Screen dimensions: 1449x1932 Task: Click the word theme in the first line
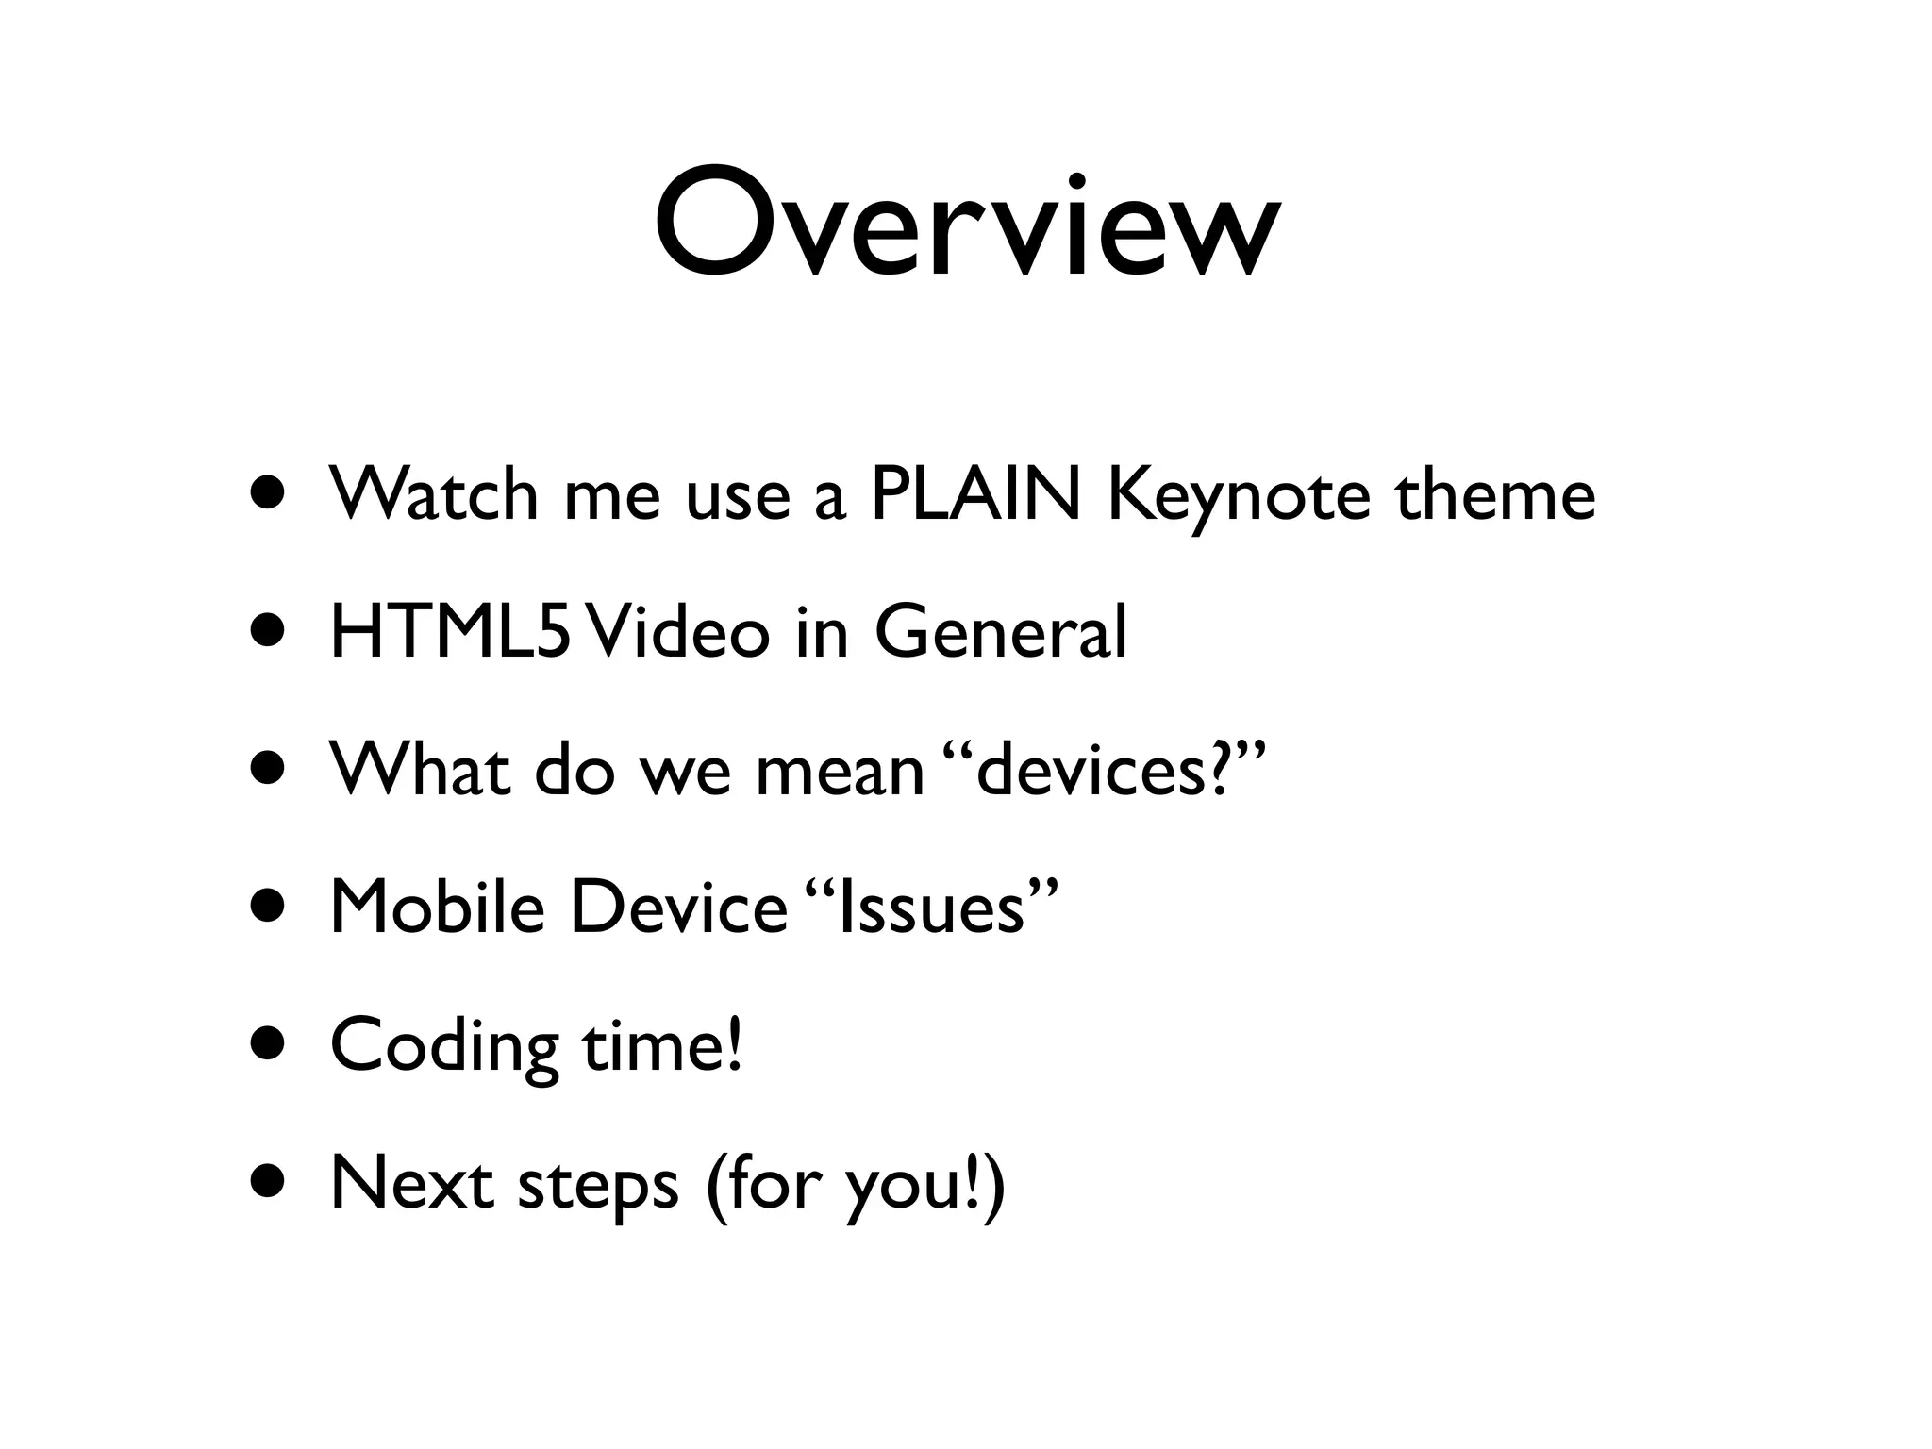click(1495, 494)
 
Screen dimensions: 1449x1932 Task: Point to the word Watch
click(433, 494)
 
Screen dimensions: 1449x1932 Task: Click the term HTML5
click(449, 632)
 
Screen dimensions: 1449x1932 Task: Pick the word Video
click(675, 632)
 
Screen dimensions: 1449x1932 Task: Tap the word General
click(1001, 632)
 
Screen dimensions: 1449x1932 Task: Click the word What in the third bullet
click(421, 769)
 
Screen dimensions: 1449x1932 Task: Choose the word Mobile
click(438, 907)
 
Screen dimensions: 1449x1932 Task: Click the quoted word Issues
click(933, 907)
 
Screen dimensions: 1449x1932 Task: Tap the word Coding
click(444, 1047)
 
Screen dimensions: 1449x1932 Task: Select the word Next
click(411, 1183)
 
